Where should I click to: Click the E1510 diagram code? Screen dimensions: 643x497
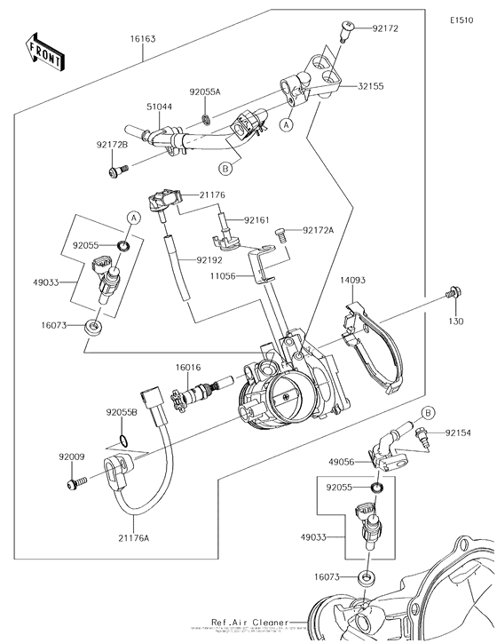[x=461, y=19]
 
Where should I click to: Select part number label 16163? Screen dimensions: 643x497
[x=142, y=39]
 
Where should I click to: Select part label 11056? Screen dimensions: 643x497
[x=225, y=277]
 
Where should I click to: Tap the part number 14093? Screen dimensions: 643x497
[x=351, y=280]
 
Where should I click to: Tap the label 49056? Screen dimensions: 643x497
[x=342, y=463]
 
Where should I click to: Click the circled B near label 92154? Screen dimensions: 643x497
[x=427, y=412]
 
